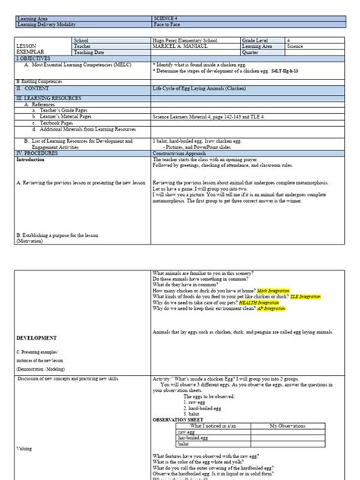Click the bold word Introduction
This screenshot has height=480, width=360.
pyautogui.click(x=30, y=159)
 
